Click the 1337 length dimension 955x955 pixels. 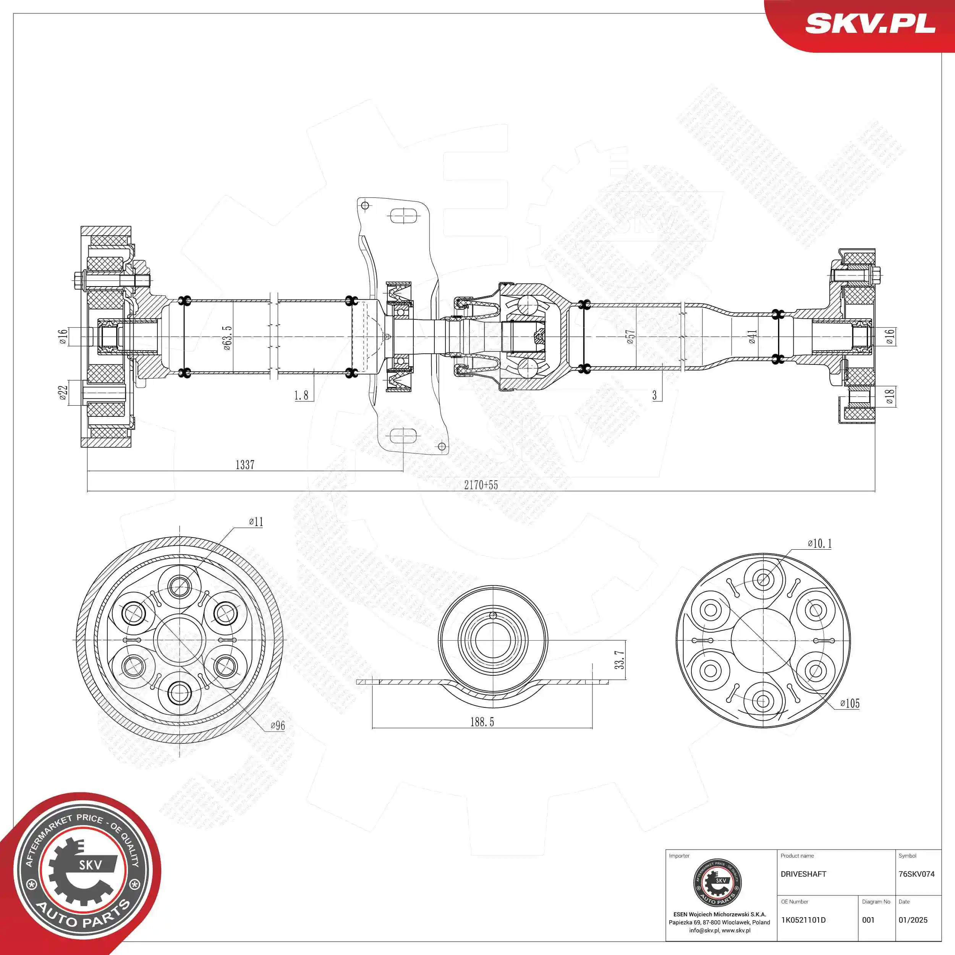pos(245,465)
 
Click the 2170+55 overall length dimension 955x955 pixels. pos(481,485)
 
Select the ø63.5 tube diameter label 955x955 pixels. pos(227,338)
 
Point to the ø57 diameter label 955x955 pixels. pos(630,337)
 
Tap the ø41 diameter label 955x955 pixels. pos(752,337)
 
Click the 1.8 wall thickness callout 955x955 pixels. pos(301,395)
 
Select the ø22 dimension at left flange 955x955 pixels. pos(63,393)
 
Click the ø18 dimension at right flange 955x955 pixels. pos(890,397)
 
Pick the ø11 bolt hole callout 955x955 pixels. pos(256,522)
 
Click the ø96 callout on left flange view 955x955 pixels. pos(278,726)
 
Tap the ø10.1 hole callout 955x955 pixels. pos(819,544)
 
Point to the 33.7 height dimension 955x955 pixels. pos(619,660)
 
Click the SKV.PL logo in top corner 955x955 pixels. pos(870,23)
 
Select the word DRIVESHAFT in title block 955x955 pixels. pos(803,874)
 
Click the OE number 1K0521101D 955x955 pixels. pos(803,920)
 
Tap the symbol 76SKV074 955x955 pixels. pos(916,874)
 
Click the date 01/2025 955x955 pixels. pos(913,920)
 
